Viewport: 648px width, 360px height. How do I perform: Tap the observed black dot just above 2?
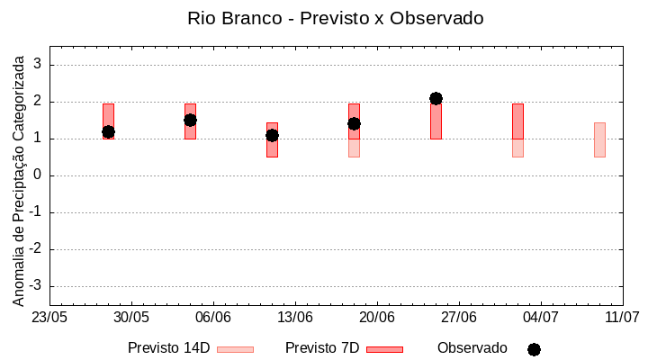coord(436,98)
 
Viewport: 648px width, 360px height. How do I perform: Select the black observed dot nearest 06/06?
coord(190,120)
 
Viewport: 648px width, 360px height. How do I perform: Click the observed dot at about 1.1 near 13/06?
coord(272,135)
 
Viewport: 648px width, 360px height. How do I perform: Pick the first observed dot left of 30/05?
coord(108,131)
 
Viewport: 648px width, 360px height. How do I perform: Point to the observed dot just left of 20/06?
coord(354,123)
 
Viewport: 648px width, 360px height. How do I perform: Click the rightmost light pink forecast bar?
coord(599,139)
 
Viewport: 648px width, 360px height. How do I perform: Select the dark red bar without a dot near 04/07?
coord(517,121)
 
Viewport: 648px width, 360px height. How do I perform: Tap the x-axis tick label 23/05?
coord(49,318)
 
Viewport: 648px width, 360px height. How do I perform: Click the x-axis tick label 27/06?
coord(459,318)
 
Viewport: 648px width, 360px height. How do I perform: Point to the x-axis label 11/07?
coord(622,318)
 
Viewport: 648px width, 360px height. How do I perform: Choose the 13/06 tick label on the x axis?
coord(294,318)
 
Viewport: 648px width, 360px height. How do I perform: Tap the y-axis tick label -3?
coord(36,286)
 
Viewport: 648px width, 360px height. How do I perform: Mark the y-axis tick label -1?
coord(36,212)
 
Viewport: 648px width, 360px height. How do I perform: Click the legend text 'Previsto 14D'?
coord(168,348)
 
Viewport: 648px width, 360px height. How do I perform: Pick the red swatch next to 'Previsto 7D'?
coord(384,349)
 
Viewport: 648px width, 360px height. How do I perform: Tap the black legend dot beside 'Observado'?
coord(534,349)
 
